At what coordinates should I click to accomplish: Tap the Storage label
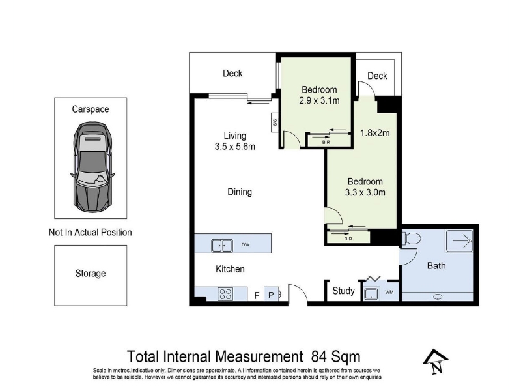pyautogui.click(x=91, y=273)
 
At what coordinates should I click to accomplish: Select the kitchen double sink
pyautogui.click(x=221, y=246)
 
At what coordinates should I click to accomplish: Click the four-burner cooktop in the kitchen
pyautogui.click(x=225, y=294)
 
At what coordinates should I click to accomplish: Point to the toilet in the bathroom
pyautogui.click(x=412, y=239)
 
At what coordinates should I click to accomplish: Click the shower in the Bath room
pyautogui.click(x=460, y=241)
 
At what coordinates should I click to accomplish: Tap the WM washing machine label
pyautogui.click(x=389, y=292)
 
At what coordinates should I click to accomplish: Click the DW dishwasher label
pyautogui.click(x=246, y=245)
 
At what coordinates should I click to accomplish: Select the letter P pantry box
pyautogui.click(x=271, y=295)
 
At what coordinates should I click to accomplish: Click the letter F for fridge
pyautogui.click(x=257, y=295)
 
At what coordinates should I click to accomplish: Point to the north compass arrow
pyautogui.click(x=436, y=362)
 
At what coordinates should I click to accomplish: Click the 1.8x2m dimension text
pyautogui.click(x=375, y=133)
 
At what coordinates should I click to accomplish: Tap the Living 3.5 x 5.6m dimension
pyautogui.click(x=235, y=141)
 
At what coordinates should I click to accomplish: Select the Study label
pyautogui.click(x=344, y=291)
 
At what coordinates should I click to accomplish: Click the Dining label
pyautogui.click(x=240, y=192)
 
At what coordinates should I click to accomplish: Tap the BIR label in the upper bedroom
pyautogui.click(x=326, y=142)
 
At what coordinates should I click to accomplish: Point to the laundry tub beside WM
pyautogui.click(x=371, y=294)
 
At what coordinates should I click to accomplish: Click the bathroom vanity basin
pyautogui.click(x=438, y=297)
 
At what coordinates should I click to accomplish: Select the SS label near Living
pyautogui.click(x=275, y=122)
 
